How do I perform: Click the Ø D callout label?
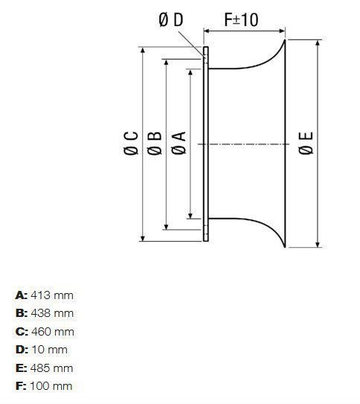tap(171, 19)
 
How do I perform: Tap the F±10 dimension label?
tap(241, 19)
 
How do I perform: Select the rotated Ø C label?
tap(131, 144)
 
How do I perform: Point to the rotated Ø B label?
tap(155, 144)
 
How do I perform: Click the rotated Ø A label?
tap(179, 144)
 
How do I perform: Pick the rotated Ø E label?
tap(306, 144)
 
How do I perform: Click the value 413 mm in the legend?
tap(52, 295)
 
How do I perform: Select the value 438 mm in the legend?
tap(52, 313)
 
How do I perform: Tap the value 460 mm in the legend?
tap(53, 332)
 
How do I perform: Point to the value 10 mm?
tap(49, 350)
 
